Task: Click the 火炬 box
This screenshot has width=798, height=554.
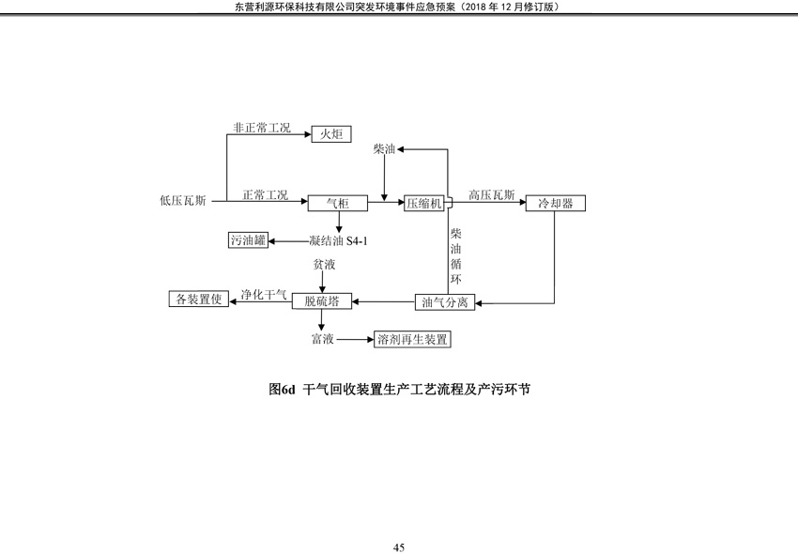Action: tap(331, 134)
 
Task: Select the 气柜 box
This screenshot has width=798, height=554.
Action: tap(337, 203)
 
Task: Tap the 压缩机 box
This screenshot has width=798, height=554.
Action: tap(424, 204)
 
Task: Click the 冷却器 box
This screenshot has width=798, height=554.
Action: tap(555, 203)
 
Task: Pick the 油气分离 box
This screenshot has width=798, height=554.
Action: tap(445, 302)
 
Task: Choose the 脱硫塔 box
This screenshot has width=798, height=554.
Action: tap(322, 300)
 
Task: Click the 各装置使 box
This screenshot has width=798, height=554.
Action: tap(199, 299)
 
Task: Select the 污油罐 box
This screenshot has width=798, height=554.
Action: tap(248, 239)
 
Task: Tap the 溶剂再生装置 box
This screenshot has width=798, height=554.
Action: tap(412, 339)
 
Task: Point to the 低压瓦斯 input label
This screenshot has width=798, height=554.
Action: tap(183, 201)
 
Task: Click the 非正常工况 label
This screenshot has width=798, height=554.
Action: tap(262, 128)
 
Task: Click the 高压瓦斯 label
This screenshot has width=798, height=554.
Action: tap(492, 195)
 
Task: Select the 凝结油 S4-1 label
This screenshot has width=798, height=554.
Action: tap(338, 240)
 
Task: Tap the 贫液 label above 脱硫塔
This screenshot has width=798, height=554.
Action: tap(324, 265)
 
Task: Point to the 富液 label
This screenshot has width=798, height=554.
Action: tap(323, 339)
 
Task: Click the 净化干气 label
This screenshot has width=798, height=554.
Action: tap(264, 294)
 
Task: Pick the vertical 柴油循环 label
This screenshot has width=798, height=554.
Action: tap(456, 256)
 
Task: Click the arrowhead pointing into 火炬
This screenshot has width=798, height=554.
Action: tap(308, 134)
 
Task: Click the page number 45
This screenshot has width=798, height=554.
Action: tap(399, 547)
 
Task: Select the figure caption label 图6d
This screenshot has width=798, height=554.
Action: tap(282, 390)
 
